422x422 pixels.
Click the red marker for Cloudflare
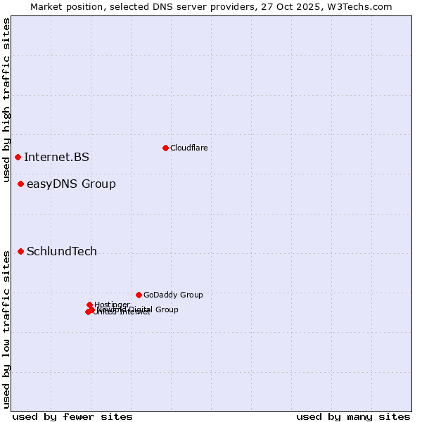click(x=165, y=148)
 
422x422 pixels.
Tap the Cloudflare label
click(x=188, y=148)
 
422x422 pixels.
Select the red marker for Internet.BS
click(x=18, y=157)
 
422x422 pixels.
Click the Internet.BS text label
click(x=56, y=157)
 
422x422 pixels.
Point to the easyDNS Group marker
click(x=20, y=184)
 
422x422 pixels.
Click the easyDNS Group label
click(x=71, y=184)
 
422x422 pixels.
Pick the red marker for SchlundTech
click(x=20, y=251)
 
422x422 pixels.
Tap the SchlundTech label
click(x=62, y=252)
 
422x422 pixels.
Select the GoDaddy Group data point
click(x=139, y=295)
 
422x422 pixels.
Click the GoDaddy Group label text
click(x=173, y=295)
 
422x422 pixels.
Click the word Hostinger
click(x=112, y=305)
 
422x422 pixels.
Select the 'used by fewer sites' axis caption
click(x=72, y=416)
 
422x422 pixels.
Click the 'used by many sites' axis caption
click(x=353, y=416)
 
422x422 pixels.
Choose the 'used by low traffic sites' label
click(x=6, y=329)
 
